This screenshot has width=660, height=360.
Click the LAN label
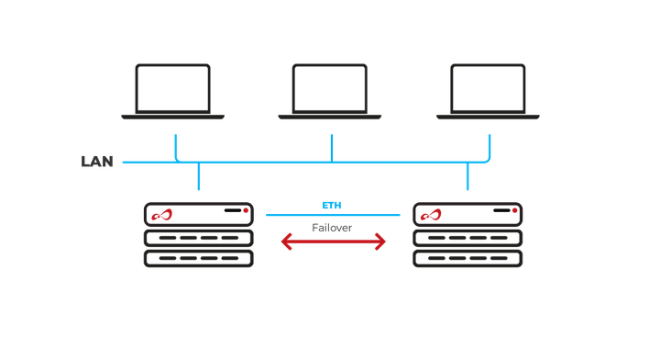point(97,163)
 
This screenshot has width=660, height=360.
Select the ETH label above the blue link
point(332,205)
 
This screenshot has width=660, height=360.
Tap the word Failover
point(332,227)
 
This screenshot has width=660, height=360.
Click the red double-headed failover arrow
point(333,242)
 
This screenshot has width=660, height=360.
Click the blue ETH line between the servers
point(333,215)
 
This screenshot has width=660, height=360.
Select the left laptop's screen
point(173,87)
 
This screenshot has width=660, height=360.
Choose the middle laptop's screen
point(330,87)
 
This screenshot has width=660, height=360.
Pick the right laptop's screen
point(488,87)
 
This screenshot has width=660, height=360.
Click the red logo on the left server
point(162,216)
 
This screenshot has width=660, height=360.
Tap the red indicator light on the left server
point(245,211)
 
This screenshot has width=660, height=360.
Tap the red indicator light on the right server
point(514,211)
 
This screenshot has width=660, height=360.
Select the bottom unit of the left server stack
point(198,258)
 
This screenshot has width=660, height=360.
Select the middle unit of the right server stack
point(467,238)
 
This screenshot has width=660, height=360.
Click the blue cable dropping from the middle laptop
point(331,147)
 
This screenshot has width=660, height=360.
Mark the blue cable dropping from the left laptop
point(174,147)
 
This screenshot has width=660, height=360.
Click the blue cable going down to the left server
point(197,177)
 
